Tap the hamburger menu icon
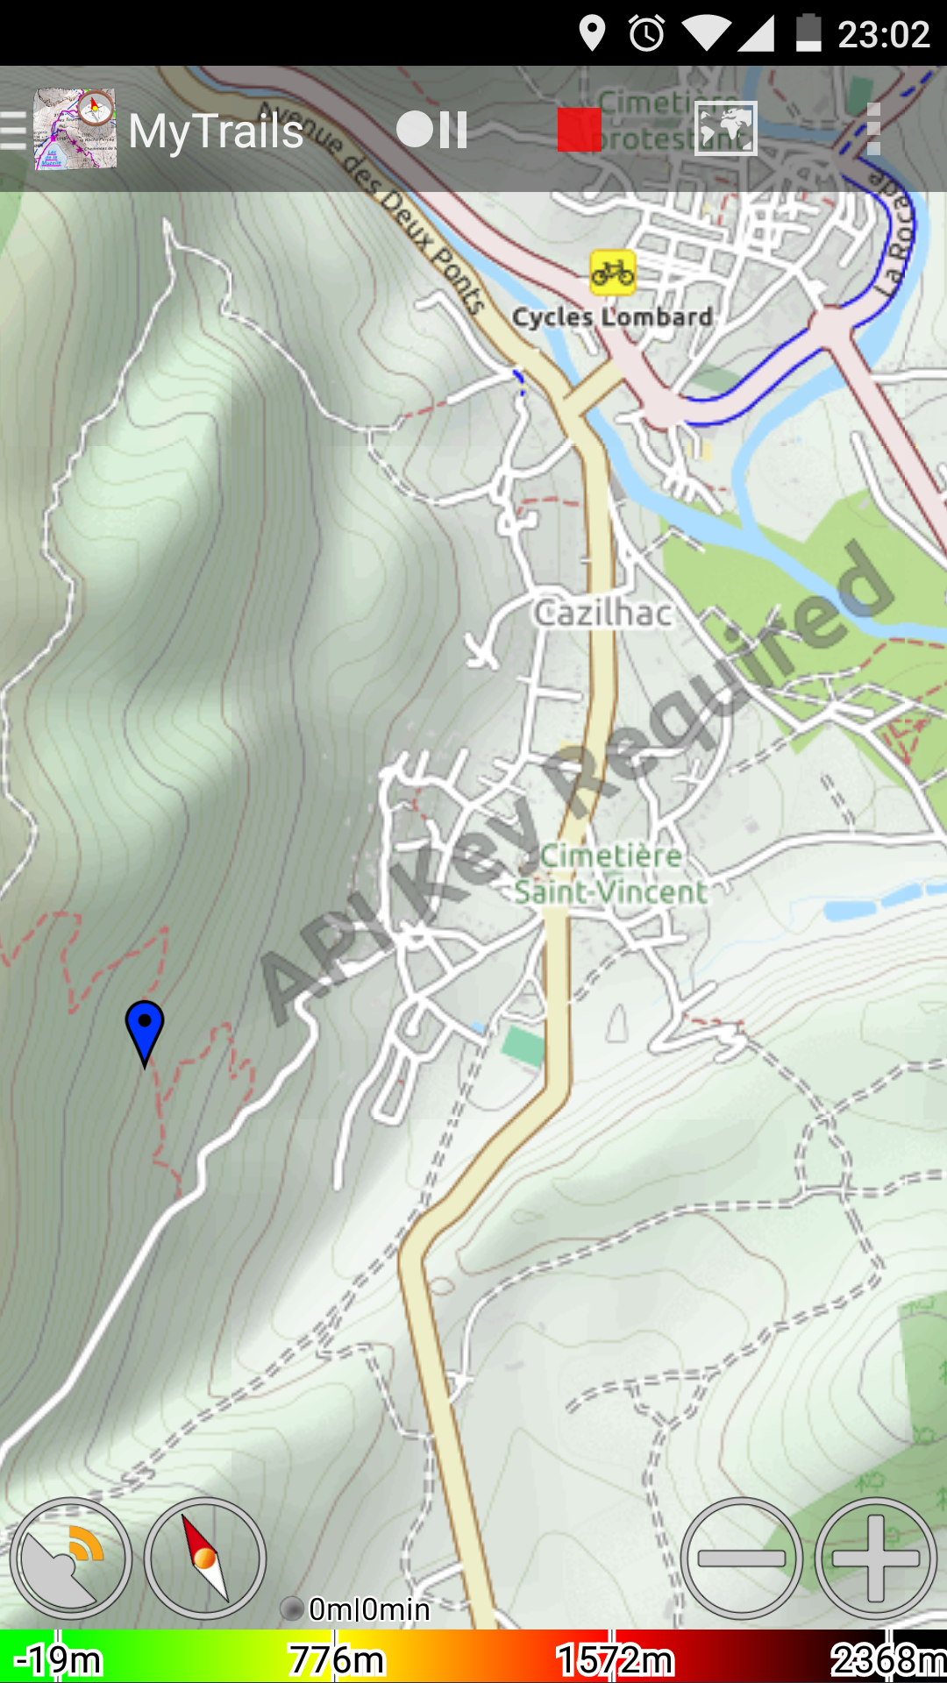(13, 131)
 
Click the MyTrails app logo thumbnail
(75, 129)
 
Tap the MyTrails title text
(216, 131)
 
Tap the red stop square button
(579, 130)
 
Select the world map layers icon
(725, 129)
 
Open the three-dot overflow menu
(872, 130)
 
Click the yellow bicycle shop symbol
(612, 272)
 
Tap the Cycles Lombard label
(612, 316)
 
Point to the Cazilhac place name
(603, 613)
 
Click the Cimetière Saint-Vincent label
(610, 874)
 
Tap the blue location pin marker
(145, 1027)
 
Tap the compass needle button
(204, 1559)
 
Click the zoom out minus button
(741, 1559)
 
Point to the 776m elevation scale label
(337, 1660)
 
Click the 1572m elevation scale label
(615, 1660)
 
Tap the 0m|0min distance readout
(368, 1609)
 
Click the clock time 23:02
(883, 35)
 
